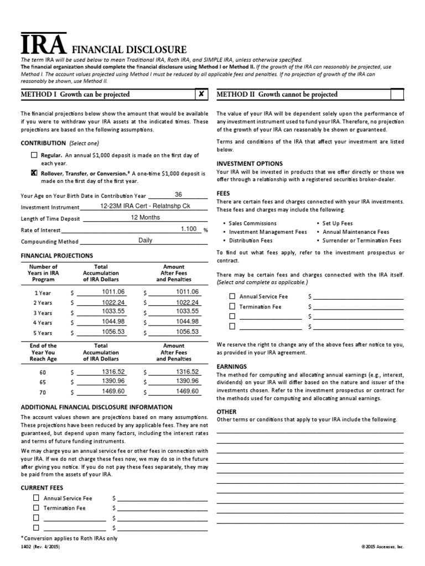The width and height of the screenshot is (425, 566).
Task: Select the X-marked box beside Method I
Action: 201,94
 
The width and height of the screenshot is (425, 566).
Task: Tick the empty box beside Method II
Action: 397,94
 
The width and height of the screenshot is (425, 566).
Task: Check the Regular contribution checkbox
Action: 34,156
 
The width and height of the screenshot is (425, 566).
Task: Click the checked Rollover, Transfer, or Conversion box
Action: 34,173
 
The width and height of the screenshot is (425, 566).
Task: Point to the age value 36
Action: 178,195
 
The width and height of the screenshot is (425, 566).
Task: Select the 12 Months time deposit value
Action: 145,218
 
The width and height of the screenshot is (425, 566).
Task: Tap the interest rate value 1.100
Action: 189,229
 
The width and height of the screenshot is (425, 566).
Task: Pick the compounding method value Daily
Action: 145,240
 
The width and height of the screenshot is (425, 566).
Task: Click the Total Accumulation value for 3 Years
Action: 113,312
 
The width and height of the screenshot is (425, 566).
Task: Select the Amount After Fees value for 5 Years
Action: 187,332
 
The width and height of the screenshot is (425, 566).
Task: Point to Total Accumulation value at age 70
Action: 113,391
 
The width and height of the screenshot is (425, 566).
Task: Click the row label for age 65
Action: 43,382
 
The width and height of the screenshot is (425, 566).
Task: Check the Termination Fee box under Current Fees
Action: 36,508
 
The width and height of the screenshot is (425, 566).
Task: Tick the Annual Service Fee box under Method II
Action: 232,296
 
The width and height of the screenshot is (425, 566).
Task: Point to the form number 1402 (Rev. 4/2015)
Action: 40,547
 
